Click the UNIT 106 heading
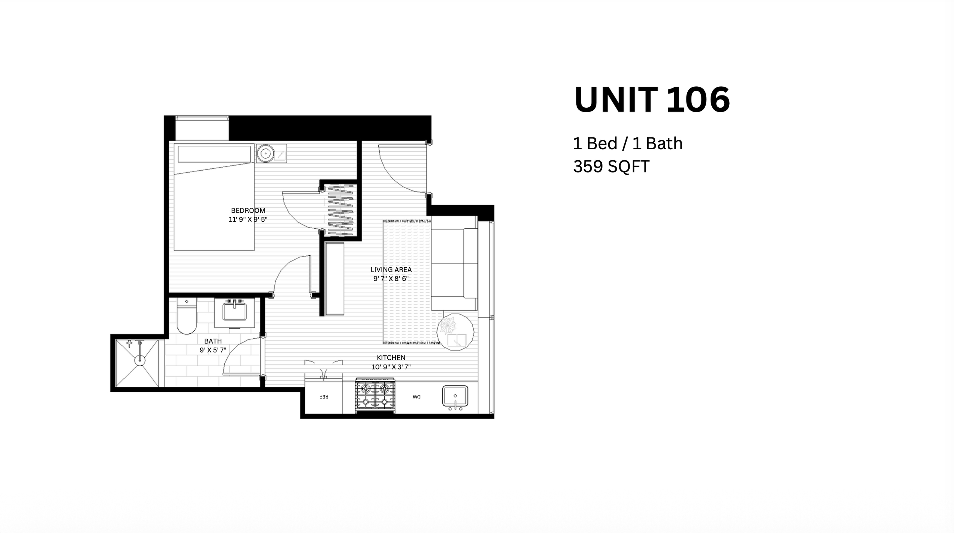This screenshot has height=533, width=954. point(652,100)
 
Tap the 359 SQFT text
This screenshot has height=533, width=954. point(611,166)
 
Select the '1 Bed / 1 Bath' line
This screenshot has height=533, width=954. point(628,144)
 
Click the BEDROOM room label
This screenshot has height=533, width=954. point(248,210)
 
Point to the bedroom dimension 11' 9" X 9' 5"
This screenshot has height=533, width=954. point(248,220)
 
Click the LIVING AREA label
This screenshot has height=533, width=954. point(391,270)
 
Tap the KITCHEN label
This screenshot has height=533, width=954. point(391,358)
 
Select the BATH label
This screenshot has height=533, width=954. point(213,341)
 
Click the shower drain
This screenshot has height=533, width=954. point(140,360)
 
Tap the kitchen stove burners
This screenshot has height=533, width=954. point(375,396)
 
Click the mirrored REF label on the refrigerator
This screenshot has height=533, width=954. point(324,397)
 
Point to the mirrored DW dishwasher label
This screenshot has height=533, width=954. point(416,397)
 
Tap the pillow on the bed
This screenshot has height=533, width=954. point(214,154)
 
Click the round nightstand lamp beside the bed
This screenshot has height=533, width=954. point(265,154)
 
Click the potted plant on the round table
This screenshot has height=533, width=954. point(447,326)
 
